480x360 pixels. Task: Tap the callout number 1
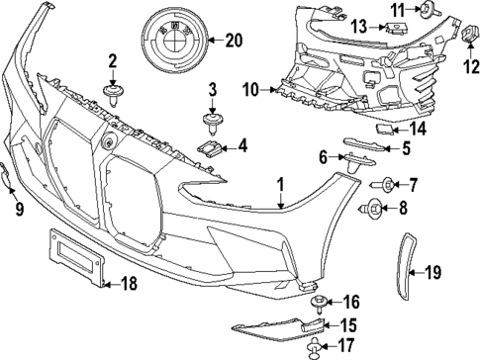pos(280,183)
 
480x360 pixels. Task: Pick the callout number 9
pos(18,208)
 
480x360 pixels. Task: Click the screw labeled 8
pos(376,208)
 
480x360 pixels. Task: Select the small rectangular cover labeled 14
pos(385,128)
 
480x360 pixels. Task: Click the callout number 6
pos(323,157)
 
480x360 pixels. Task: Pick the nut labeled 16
pos(318,301)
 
